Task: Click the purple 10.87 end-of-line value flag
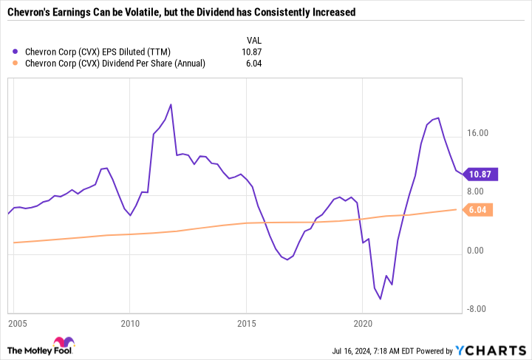pos(484,175)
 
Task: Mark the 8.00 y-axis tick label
pos(481,191)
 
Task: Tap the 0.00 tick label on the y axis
pos(481,251)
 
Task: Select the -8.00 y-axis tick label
pos(480,309)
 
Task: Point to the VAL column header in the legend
pos(253,40)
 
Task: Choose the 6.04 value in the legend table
pos(253,64)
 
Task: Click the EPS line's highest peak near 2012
pos(171,104)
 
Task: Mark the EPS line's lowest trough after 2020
pos(381,299)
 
